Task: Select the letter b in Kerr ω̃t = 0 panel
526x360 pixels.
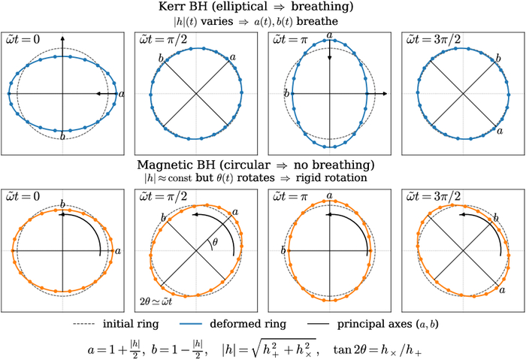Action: pos(62,137)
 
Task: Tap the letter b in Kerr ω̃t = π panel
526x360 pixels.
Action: pos(285,93)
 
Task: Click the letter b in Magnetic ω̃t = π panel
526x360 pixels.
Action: pos(285,250)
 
